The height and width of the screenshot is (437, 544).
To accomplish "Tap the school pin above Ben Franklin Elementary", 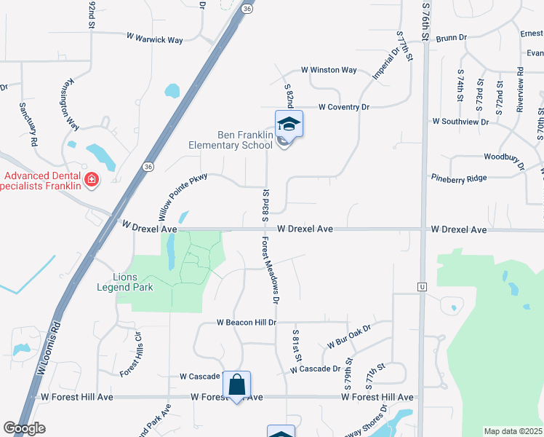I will (289, 125).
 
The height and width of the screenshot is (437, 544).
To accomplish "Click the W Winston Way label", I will (329, 71).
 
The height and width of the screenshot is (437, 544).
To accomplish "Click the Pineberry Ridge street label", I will (459, 177).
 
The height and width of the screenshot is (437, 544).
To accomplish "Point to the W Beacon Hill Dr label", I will (247, 322).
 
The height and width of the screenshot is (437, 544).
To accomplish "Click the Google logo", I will (24, 428).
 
